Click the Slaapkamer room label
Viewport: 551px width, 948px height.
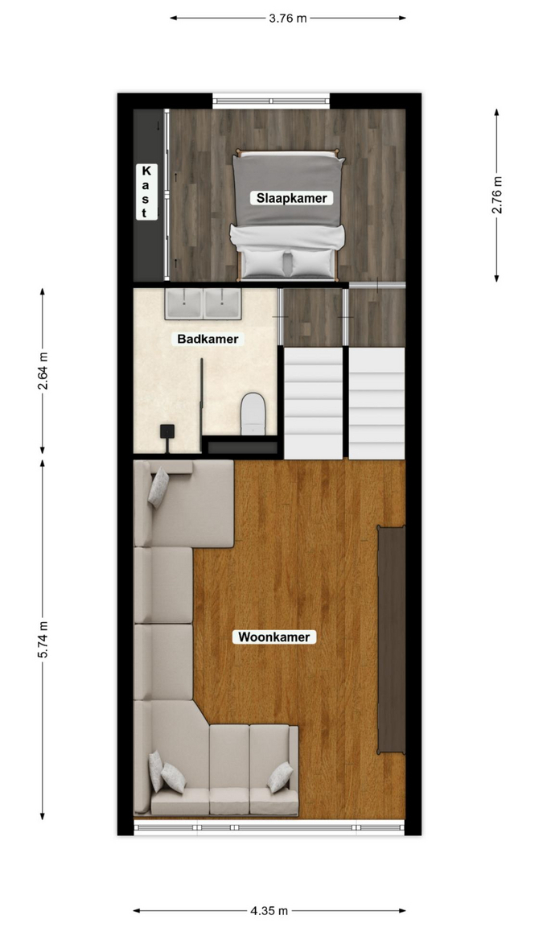[292, 198]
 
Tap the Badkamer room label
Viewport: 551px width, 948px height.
[208, 339]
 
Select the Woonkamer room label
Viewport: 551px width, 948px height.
[273, 637]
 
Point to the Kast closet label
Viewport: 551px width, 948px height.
[146, 191]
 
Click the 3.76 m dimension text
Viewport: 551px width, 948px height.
[288, 19]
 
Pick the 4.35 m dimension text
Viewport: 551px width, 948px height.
[269, 910]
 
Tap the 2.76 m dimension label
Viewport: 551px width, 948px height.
[496, 195]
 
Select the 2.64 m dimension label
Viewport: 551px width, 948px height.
[43, 371]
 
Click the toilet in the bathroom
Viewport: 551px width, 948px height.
[253, 414]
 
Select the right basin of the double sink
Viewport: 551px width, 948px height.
[222, 303]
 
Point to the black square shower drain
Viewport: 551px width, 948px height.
[167, 431]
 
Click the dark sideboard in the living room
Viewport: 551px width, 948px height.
[392, 640]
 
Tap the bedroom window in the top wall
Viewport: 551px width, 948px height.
[271, 101]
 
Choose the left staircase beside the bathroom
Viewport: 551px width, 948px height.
[314, 402]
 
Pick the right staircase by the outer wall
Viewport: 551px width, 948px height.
[377, 402]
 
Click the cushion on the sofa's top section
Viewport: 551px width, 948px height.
[158, 488]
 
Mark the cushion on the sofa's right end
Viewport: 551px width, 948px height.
[281, 777]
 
